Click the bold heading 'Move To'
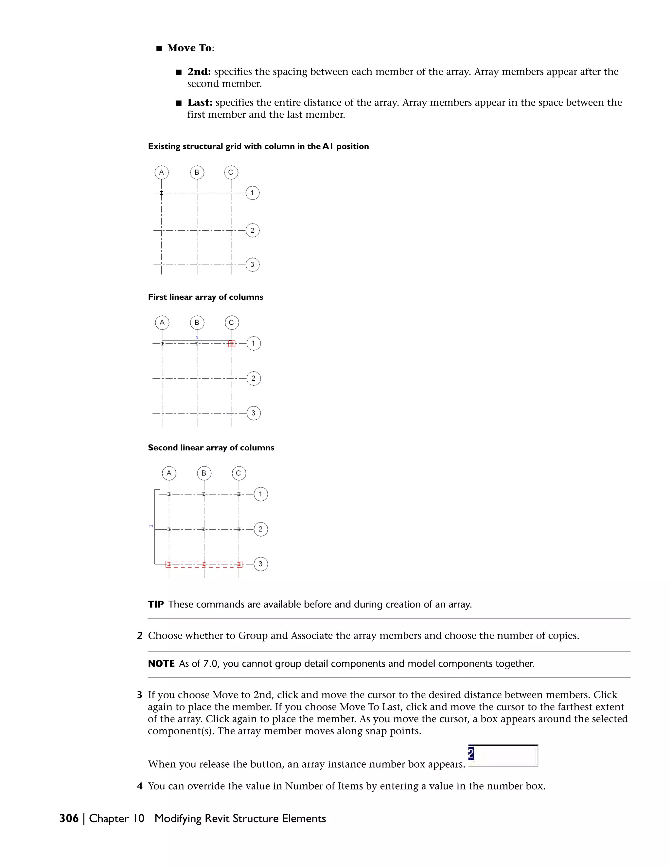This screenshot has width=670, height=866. (190, 48)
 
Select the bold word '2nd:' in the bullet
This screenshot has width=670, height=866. (199, 72)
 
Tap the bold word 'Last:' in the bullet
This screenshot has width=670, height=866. (200, 103)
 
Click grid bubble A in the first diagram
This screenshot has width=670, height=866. (162, 173)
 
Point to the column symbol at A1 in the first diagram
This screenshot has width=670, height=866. (162, 193)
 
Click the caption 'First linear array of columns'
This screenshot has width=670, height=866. (205, 297)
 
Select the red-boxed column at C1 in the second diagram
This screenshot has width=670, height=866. (232, 343)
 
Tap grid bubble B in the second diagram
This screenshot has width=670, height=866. (197, 322)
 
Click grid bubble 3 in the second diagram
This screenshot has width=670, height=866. (254, 413)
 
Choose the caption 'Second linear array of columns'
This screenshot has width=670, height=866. (211, 448)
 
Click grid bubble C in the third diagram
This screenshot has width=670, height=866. (238, 473)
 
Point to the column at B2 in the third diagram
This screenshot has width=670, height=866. (204, 529)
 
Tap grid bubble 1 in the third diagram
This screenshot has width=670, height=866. (261, 494)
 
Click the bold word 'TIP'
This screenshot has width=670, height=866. (156, 604)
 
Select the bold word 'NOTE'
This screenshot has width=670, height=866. (161, 664)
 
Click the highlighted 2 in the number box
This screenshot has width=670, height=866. (471, 753)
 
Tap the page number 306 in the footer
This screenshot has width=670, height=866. (69, 818)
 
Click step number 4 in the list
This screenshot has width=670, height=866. (140, 786)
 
